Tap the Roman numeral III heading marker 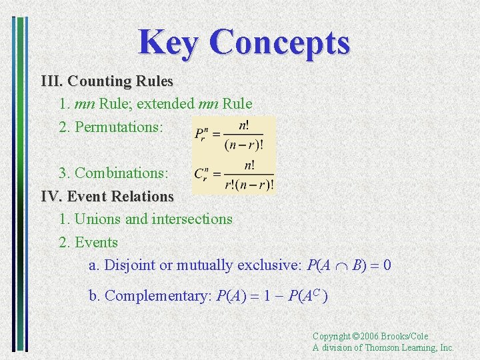pyautogui.click(x=51, y=81)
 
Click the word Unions pyautogui.click(x=97, y=219)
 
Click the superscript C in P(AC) pyautogui.click(x=317, y=291)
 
